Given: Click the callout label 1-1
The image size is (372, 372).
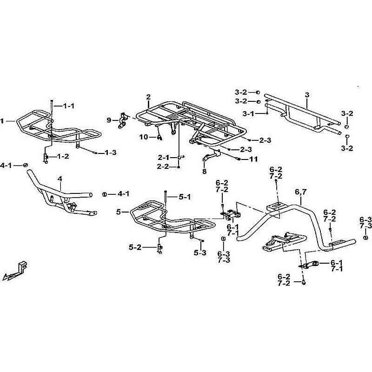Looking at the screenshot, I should click(68, 106).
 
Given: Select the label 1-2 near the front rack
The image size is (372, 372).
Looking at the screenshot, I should click(64, 157).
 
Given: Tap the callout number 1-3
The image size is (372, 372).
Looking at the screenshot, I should click(110, 153).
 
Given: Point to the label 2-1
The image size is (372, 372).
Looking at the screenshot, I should click(163, 157).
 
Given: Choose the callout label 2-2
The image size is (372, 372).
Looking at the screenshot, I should click(163, 166).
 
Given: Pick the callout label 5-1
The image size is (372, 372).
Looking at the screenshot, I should click(185, 197).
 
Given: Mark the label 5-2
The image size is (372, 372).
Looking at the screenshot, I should click(135, 248).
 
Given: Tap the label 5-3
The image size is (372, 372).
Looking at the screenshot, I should click(200, 253).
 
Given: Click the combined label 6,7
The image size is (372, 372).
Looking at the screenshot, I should click(300, 191).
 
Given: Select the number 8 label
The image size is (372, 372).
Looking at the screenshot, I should click(204, 171).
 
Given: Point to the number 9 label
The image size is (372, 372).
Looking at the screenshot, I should click(109, 120).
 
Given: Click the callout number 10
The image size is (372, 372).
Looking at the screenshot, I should click(143, 137).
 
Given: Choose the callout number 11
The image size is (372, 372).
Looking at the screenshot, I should click(253, 159).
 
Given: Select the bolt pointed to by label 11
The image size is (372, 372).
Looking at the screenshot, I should click(239, 159).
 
